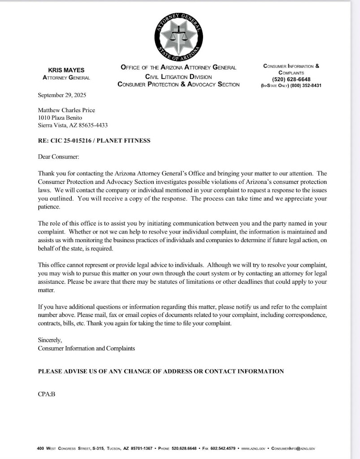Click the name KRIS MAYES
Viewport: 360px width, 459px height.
(66, 70)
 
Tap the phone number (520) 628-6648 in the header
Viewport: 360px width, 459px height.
(291, 79)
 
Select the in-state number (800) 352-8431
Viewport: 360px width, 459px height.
(306, 86)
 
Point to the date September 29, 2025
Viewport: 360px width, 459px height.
(62, 95)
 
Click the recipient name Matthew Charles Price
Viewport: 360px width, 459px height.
(66, 110)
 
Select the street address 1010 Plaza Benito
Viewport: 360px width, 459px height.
(60, 118)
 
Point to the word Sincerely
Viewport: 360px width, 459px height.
(50, 340)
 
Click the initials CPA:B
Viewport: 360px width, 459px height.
(46, 394)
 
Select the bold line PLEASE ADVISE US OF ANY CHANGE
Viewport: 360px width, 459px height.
(160, 371)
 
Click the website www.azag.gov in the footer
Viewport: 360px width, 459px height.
(253, 448)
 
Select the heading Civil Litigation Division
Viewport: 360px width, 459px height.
(178, 77)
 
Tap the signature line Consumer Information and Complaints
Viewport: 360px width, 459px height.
(86, 348)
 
